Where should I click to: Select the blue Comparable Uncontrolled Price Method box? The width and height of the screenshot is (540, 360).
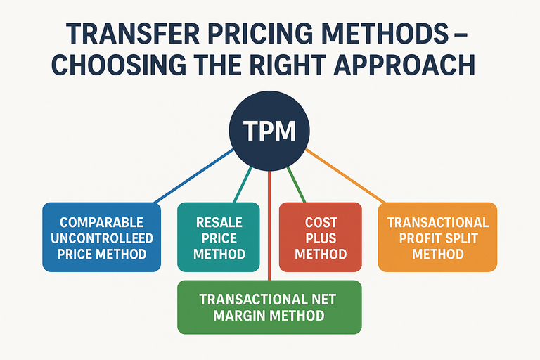pyautogui.click(x=102, y=238)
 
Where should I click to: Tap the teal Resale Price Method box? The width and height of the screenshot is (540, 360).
pyautogui.click(x=219, y=238)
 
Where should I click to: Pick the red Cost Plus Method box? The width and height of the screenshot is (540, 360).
pyautogui.click(x=321, y=238)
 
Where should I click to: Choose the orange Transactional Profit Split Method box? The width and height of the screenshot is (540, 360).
pyautogui.click(x=437, y=238)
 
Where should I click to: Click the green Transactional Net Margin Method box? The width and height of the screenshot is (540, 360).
pyautogui.click(x=269, y=307)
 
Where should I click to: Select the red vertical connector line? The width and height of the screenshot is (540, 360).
pyautogui.click(x=270, y=225)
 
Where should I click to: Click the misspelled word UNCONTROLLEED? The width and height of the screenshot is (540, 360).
pyautogui.click(x=102, y=238)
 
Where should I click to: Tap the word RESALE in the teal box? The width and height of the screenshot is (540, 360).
pyautogui.click(x=219, y=223)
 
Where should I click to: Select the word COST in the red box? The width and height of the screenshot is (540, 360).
pyautogui.click(x=321, y=223)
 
